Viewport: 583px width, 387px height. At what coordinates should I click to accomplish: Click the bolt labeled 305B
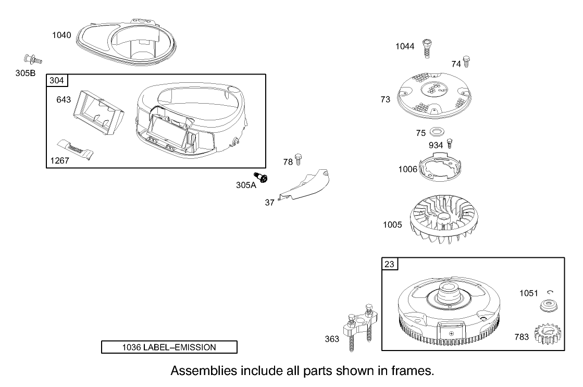tap(33, 59)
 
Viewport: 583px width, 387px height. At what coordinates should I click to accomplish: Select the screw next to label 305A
tap(261, 177)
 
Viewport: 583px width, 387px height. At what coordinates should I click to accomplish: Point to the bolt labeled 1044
tap(427, 48)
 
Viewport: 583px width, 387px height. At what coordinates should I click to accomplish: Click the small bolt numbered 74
tap(466, 61)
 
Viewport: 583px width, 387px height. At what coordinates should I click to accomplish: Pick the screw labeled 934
tap(449, 143)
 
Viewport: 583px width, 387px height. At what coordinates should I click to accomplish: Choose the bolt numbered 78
tap(298, 159)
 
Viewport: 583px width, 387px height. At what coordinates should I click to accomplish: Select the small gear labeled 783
tap(548, 333)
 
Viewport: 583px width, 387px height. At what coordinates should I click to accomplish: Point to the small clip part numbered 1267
tap(75, 149)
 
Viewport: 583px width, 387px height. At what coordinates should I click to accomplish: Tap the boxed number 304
tap(57, 80)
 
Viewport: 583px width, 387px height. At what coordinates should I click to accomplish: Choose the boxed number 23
tap(389, 264)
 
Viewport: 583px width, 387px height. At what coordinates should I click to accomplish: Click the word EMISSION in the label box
tap(195, 347)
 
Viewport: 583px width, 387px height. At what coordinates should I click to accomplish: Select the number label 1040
tap(61, 35)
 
